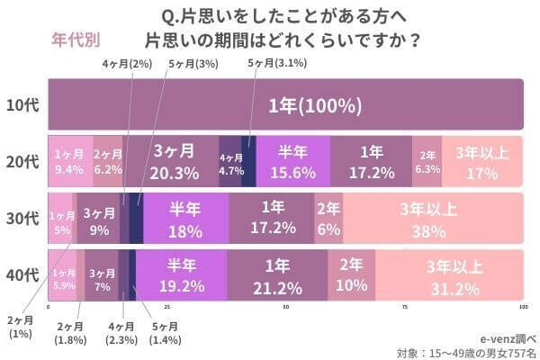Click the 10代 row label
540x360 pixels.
tap(21, 104)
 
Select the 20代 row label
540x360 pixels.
tap(21, 162)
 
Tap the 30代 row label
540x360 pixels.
tap(21, 218)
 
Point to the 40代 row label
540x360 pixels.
tap(21, 275)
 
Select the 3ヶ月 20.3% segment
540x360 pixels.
tap(174, 162)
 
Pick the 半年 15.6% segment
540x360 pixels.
tap(293, 162)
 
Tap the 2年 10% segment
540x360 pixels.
tap(352, 275)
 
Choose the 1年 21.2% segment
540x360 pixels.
tap(277, 275)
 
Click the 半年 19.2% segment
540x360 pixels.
tap(181, 275)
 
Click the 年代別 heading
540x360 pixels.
tap(76, 40)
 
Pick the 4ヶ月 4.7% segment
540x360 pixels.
tap(230, 162)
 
